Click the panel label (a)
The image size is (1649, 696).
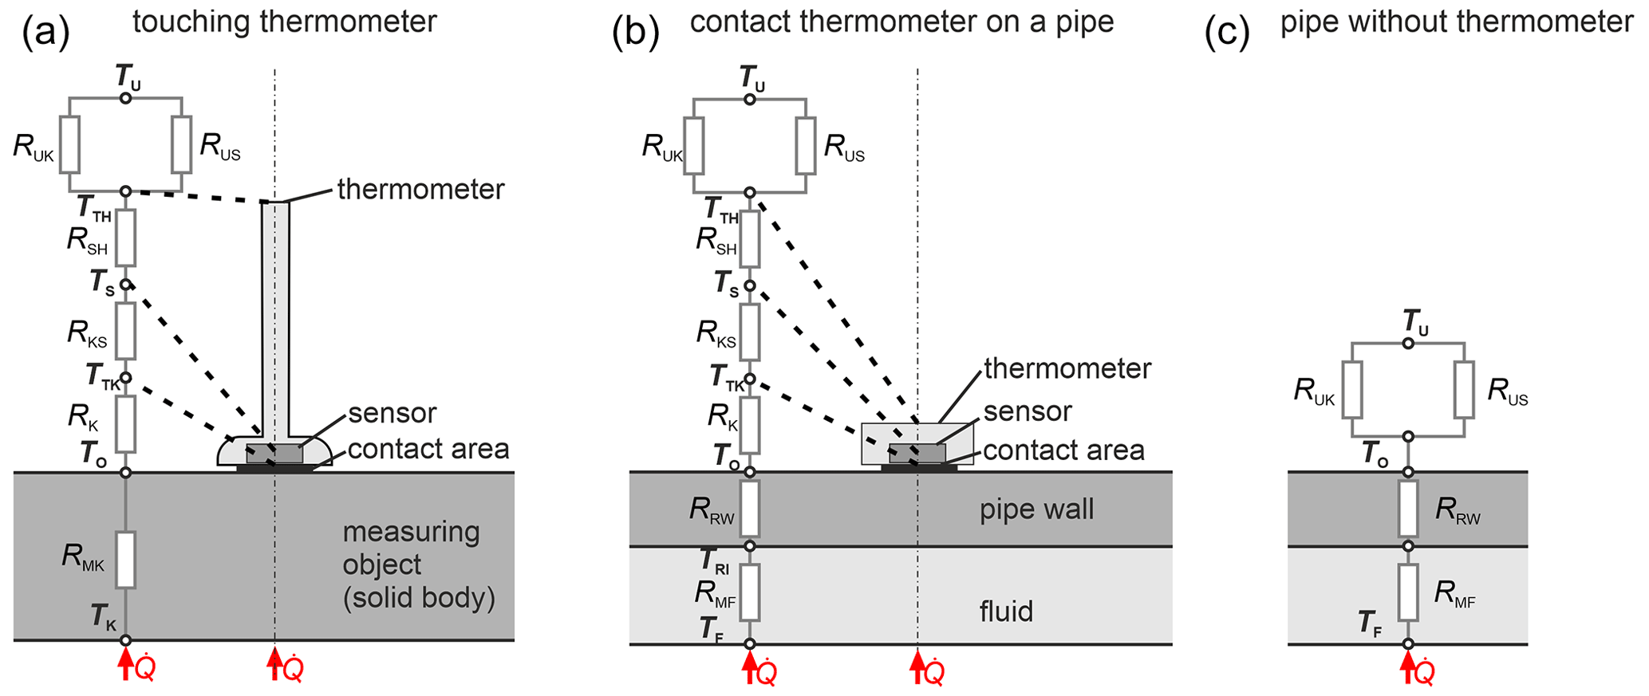tap(46, 33)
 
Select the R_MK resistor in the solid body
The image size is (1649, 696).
tap(125, 560)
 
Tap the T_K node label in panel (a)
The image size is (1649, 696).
tap(103, 616)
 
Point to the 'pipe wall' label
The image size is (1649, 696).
tap(1036, 509)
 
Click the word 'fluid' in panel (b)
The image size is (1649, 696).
tap(1007, 611)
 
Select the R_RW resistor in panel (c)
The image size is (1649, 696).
tap(1408, 509)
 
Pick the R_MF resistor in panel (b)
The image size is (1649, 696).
tap(750, 592)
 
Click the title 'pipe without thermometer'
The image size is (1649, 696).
tap(1456, 22)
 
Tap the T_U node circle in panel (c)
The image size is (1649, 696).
tap(1408, 344)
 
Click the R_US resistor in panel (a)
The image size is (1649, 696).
tap(182, 144)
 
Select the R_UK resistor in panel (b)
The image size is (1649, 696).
tap(693, 146)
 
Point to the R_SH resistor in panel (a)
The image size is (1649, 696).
tap(125, 238)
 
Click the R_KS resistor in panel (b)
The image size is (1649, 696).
tap(750, 332)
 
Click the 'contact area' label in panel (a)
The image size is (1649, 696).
tap(428, 449)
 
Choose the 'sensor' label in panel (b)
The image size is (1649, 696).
tap(1028, 411)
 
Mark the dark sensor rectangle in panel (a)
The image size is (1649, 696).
tap(274, 454)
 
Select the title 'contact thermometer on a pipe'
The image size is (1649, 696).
tap(901, 22)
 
